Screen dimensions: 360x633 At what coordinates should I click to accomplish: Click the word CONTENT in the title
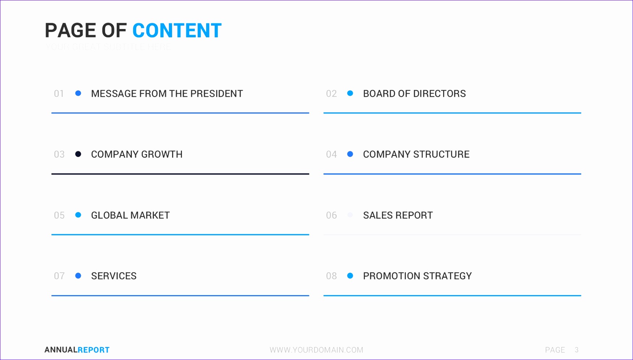pyautogui.click(x=177, y=30)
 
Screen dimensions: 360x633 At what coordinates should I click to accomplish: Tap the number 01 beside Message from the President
pyautogui.click(x=59, y=94)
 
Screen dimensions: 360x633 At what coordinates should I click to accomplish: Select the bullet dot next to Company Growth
pyautogui.click(x=78, y=154)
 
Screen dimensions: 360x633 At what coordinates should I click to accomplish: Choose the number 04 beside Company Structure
pyautogui.click(x=332, y=154)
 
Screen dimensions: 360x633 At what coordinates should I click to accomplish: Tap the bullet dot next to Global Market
pyautogui.click(x=78, y=215)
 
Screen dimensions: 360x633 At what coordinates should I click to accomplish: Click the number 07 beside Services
pyautogui.click(x=59, y=276)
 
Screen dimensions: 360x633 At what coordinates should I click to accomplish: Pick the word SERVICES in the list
pyautogui.click(x=114, y=276)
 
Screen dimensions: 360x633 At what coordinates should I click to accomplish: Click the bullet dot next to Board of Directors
pyautogui.click(x=350, y=93)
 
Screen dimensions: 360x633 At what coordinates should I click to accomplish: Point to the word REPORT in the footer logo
pyautogui.click(x=93, y=350)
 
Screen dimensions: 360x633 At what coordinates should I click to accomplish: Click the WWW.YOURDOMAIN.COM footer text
pyautogui.click(x=316, y=350)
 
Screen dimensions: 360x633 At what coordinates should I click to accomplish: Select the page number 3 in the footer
pyautogui.click(x=576, y=350)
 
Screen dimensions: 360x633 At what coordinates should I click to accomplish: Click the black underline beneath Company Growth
pyautogui.click(x=180, y=174)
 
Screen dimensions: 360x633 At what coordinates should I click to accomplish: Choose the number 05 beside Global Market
pyautogui.click(x=59, y=215)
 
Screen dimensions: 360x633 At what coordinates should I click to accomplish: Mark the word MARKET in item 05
pyautogui.click(x=150, y=215)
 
